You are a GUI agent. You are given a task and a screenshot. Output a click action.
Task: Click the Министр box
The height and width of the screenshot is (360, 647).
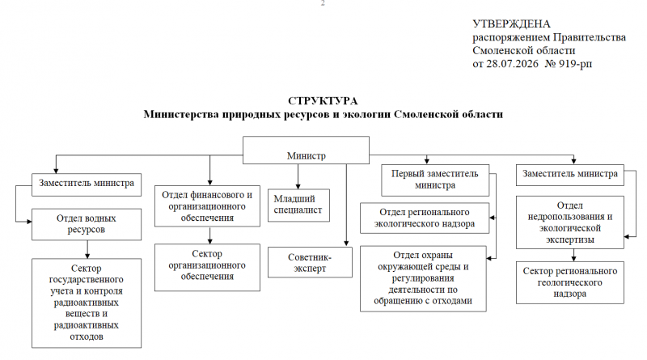pos(306,150)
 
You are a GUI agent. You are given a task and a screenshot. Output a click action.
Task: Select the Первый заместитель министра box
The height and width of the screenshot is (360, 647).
pos(435,180)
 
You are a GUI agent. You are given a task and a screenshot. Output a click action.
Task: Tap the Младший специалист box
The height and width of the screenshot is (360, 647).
pos(298,205)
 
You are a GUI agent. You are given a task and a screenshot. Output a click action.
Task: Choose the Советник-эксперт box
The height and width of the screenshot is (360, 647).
pos(310,262)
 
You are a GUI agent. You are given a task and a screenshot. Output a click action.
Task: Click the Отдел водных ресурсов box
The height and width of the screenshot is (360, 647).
pos(87,224)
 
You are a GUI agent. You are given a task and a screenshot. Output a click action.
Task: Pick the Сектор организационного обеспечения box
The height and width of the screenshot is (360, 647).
pos(207,267)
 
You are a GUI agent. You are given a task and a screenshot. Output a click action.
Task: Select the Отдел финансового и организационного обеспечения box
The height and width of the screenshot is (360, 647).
pos(207,206)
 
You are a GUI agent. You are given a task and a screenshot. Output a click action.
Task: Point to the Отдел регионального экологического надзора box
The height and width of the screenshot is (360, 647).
pos(425,218)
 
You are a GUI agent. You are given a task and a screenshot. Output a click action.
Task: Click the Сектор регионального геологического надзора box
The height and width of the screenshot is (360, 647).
pos(570,282)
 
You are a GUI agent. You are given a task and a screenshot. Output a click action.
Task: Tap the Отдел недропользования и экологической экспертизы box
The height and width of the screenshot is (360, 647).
pos(570,222)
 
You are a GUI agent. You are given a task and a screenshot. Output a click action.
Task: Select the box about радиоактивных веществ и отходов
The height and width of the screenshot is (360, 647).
pos(87,303)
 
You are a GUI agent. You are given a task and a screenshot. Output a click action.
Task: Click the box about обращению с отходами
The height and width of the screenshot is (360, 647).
pos(423,278)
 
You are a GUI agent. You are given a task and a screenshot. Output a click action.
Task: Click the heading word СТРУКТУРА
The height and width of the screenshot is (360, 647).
pos(323,101)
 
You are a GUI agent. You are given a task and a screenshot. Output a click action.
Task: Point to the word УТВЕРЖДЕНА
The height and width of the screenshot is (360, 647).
pos(511,24)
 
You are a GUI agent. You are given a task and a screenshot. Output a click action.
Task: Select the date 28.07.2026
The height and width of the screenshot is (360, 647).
pos(512,64)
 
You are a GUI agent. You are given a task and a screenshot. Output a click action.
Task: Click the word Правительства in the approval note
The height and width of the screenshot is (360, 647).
pos(590,37)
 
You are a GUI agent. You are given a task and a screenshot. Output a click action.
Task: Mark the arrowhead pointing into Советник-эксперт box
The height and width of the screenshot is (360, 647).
pos(346,244)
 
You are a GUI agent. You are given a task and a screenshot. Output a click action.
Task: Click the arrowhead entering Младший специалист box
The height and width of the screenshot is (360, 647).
pos(298,186)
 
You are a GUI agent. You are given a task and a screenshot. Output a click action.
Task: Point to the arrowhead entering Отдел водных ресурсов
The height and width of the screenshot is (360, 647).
pos(29,222)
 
